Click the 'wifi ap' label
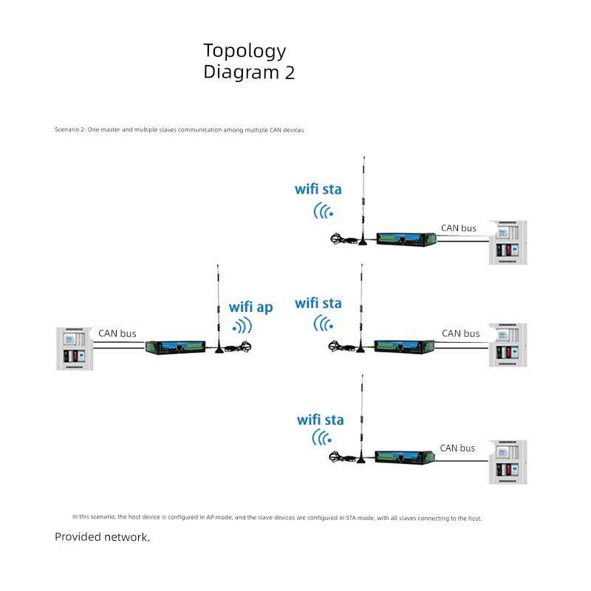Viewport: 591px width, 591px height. (250, 307)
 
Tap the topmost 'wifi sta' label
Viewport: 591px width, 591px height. (318, 189)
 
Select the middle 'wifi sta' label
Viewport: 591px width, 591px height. (318, 303)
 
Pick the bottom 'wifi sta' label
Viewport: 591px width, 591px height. (321, 420)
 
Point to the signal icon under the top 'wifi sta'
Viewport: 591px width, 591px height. (324, 211)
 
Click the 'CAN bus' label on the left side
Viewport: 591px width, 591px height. (117, 334)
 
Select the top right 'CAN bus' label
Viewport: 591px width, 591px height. (459, 228)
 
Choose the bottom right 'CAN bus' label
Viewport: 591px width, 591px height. (458, 448)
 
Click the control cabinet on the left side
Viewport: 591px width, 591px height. (74, 348)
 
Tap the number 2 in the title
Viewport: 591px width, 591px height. (290, 73)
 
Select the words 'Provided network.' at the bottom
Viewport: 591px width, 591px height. (102, 537)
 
